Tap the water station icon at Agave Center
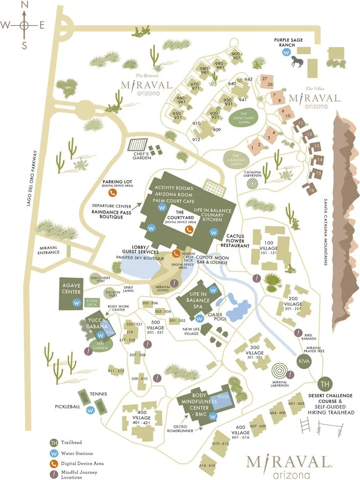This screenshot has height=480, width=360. pyautogui.click(x=76, y=303)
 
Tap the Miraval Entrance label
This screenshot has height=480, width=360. pyautogui.click(x=49, y=250)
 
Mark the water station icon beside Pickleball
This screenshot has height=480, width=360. pyautogui.click(x=90, y=410)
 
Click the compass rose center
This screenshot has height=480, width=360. pyautogui.click(x=24, y=25)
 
